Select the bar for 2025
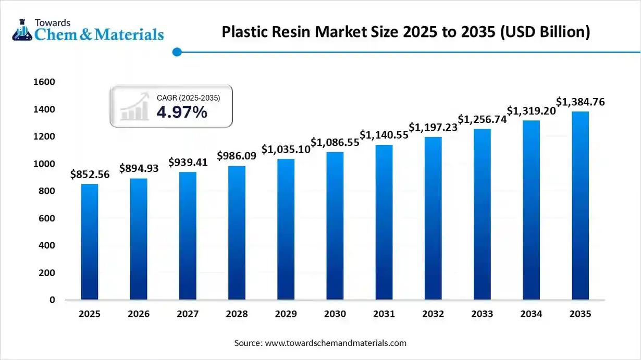[x=90, y=242]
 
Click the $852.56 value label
[x=90, y=175]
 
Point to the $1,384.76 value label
[x=580, y=102]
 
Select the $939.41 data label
[x=188, y=163]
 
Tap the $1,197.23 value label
[x=433, y=128]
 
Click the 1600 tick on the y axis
[x=44, y=82]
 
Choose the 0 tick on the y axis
[x=52, y=300]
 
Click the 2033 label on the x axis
[x=482, y=314]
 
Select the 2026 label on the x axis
[x=139, y=314]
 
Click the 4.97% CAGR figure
[x=182, y=112]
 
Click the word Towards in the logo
[x=52, y=22]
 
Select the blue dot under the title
[x=177, y=52]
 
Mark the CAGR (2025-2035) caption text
[x=188, y=98]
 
